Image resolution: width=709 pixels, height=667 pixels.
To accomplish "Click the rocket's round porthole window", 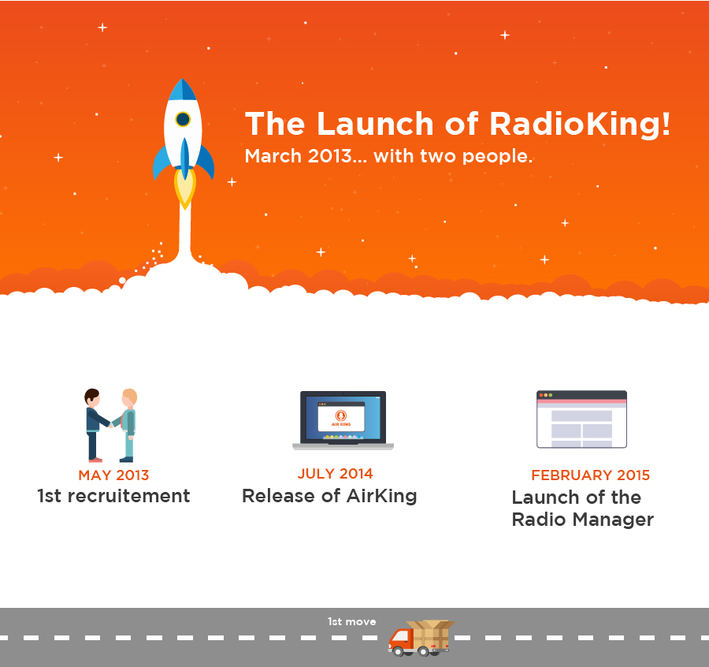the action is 183,119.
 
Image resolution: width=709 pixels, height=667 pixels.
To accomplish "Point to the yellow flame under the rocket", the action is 185,188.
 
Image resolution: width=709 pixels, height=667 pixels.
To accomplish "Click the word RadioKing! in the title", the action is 580,124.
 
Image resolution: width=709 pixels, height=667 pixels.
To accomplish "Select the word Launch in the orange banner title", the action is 375,124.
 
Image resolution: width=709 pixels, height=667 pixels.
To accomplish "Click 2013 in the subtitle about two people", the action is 330,156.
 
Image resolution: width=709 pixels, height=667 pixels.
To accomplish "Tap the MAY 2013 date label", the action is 113,475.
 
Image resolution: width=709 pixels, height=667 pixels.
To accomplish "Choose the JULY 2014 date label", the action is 335,473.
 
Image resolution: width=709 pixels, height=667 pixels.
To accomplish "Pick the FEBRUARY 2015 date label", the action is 591,475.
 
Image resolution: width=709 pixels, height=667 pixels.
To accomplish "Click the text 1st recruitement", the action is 113,496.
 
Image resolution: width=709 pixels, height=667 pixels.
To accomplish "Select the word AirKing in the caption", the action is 381,497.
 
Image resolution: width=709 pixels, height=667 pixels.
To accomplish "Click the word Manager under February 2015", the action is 613,520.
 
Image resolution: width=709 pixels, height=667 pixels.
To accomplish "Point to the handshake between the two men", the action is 112,424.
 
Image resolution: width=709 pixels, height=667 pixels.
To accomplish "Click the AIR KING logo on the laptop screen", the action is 341,417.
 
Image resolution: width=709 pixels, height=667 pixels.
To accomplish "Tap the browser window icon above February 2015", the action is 581,419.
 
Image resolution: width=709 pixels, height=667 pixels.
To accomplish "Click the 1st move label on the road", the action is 352,622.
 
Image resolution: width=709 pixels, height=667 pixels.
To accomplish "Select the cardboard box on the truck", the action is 430,635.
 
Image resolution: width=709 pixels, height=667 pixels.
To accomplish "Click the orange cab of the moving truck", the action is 400,639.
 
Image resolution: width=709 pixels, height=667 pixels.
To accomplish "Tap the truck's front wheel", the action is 399,651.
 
